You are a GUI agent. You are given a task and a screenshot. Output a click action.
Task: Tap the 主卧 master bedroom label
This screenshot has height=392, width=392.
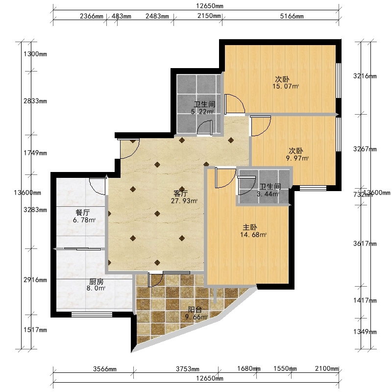(250, 227)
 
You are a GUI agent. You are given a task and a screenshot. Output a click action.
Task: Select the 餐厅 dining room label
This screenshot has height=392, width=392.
(83, 213)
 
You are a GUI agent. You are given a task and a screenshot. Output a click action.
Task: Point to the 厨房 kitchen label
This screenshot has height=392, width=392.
(96, 282)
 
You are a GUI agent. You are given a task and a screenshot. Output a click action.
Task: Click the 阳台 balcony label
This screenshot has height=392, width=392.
(195, 310)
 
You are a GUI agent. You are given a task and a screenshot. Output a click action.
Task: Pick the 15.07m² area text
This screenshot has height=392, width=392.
(286, 87)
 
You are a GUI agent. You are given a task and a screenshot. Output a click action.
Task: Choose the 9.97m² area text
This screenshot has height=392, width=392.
(297, 158)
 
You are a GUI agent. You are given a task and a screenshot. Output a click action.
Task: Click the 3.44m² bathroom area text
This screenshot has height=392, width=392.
(268, 194)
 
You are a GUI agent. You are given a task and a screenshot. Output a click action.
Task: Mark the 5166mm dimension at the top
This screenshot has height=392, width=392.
(292, 16)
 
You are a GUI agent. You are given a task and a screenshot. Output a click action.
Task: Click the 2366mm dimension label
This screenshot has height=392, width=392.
(92, 16)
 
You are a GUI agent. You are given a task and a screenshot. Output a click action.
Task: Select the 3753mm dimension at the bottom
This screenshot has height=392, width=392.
(188, 369)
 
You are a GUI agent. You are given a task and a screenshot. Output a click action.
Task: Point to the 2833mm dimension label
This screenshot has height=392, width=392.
(35, 101)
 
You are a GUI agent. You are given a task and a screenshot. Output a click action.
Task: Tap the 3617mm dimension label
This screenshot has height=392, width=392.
(365, 244)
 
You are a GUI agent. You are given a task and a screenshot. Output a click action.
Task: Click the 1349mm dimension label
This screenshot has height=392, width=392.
(365, 332)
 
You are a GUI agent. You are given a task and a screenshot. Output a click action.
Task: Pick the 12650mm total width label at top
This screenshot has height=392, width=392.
(210, 6)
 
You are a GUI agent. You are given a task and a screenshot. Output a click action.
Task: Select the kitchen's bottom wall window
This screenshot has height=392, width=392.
(92, 314)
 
